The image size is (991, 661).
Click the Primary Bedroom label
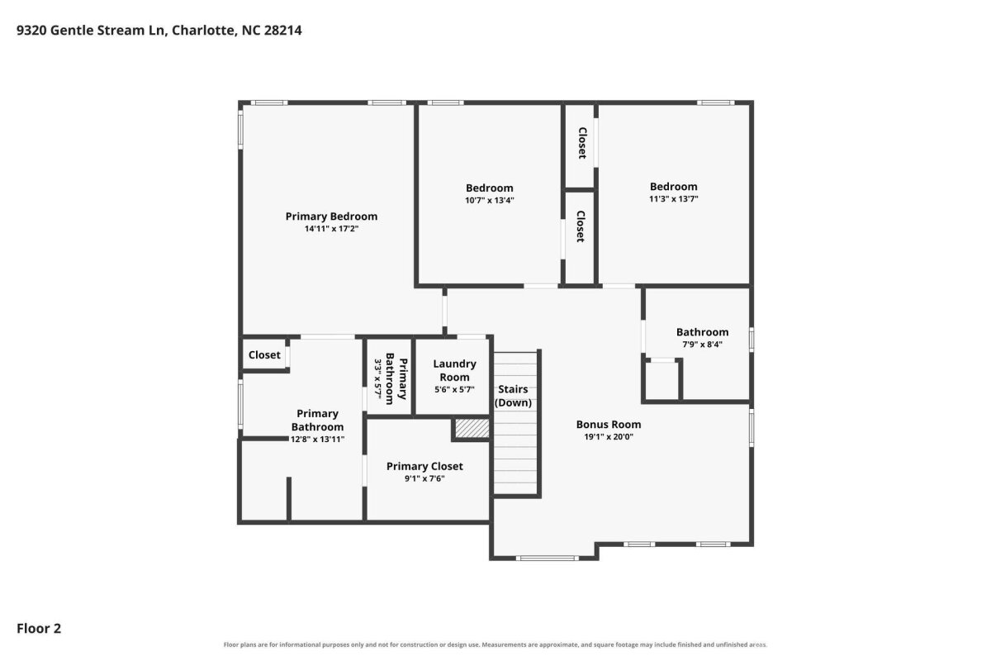[x=331, y=216]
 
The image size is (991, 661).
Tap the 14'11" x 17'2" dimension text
[x=331, y=229]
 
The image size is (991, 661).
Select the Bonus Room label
[x=609, y=425]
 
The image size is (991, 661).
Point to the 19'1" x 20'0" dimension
[x=609, y=437]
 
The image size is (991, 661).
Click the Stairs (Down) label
[x=513, y=396]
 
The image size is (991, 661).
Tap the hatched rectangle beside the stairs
[x=472, y=428]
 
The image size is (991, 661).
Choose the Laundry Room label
[x=454, y=370]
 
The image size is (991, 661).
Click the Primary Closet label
[x=424, y=466]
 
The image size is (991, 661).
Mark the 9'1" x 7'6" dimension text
[x=424, y=478]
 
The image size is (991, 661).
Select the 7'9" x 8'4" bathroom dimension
[x=702, y=345]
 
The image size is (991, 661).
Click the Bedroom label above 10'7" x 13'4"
[x=489, y=188]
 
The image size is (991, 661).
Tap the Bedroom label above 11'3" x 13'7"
[x=673, y=187]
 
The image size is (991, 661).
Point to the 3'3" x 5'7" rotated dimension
[x=378, y=379]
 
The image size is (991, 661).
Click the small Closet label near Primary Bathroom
[x=264, y=355]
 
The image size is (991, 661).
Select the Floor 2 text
[x=39, y=629]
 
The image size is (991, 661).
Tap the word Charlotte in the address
[x=204, y=31]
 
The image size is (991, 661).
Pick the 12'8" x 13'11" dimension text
[x=317, y=440]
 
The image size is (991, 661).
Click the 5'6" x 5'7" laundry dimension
[x=454, y=390]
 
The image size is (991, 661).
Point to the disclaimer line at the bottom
[x=495, y=645]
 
